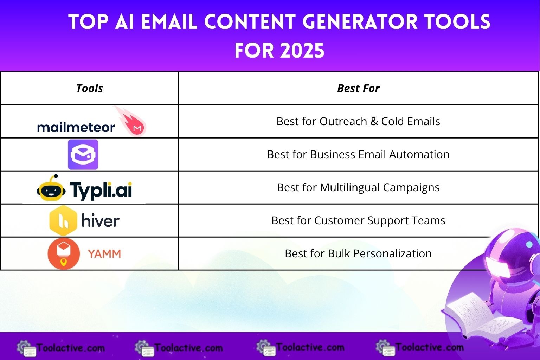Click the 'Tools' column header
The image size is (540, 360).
89,88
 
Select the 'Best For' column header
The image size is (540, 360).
358,88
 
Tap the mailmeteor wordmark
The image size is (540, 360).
76,127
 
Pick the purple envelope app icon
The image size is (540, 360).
83,154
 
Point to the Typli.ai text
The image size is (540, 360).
101,190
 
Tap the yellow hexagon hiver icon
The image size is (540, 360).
63,220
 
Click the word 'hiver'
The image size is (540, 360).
100,221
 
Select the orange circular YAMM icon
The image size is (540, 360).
64,253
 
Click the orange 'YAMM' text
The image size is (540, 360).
104,253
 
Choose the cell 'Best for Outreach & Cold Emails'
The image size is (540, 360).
358,121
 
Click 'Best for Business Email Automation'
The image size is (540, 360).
358,154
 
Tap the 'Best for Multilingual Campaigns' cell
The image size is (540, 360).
358,187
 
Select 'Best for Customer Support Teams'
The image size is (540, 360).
358,220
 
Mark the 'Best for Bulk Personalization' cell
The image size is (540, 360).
358,253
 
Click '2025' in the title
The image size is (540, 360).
302,51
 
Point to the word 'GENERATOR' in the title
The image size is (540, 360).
360,22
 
